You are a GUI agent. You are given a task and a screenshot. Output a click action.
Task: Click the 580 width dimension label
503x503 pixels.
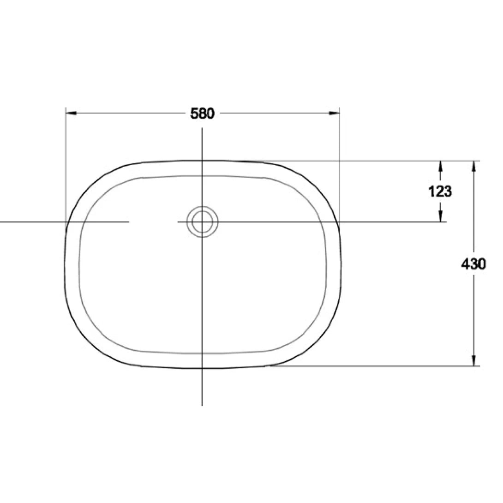pyautogui.click(x=203, y=114)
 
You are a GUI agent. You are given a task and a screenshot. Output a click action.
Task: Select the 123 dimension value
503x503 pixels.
pyautogui.click(x=440, y=191)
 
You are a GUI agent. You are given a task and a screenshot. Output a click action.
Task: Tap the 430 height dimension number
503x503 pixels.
pyautogui.click(x=473, y=264)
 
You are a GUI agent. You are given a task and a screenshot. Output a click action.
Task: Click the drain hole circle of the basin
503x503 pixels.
pyautogui.click(x=202, y=222)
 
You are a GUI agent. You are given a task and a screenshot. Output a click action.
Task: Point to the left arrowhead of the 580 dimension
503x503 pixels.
pyautogui.click(x=71, y=113)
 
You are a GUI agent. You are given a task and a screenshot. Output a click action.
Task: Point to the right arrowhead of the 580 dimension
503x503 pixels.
pyautogui.click(x=335, y=113)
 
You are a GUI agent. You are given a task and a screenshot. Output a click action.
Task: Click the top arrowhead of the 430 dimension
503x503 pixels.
pyautogui.click(x=474, y=165)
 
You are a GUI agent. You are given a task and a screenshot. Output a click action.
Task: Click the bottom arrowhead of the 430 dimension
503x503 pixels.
pyautogui.click(x=474, y=361)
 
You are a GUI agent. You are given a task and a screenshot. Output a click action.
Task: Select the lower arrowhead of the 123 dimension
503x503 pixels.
pyautogui.click(x=441, y=217)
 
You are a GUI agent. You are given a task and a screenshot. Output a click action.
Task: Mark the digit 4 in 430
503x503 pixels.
pyautogui.click(x=466, y=264)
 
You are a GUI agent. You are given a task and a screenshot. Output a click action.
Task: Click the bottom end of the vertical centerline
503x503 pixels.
pyautogui.click(x=202, y=405)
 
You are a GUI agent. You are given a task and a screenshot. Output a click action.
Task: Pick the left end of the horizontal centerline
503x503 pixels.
pyautogui.click(x=1, y=222)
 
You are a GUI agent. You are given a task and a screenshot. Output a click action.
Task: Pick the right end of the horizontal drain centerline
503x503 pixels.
pyautogui.click(x=446, y=222)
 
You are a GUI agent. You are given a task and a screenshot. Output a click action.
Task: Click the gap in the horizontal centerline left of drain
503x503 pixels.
pyautogui.click(x=154, y=222)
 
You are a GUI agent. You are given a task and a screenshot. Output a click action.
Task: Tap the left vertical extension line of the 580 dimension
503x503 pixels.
pyautogui.click(x=66, y=162)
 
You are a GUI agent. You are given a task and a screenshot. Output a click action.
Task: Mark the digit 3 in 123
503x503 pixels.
pyautogui.click(x=448, y=191)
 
